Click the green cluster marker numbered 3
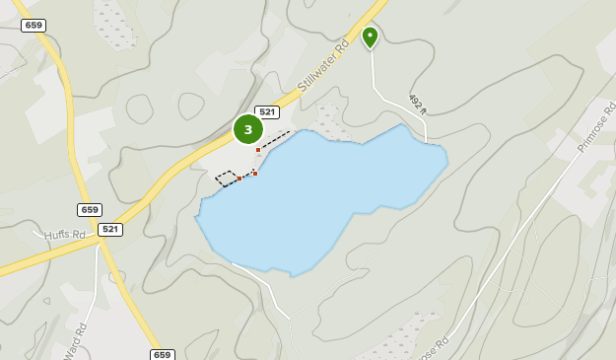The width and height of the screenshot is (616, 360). (x=247, y=129)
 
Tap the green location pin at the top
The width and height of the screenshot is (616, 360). (x=370, y=36)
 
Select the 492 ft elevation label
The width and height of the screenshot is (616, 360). (x=416, y=103)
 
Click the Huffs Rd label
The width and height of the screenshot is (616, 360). (x=65, y=235)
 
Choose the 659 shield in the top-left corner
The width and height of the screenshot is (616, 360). (x=34, y=26)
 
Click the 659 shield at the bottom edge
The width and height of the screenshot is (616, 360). (x=163, y=354)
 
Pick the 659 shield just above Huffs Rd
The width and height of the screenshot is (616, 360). (x=90, y=210)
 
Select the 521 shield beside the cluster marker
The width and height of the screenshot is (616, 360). (x=267, y=112)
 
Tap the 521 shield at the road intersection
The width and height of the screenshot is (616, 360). (x=110, y=229)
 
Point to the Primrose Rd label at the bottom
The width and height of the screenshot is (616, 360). (x=432, y=348)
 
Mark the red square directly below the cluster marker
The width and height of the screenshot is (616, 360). (x=258, y=150)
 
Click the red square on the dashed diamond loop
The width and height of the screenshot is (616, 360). (x=240, y=179)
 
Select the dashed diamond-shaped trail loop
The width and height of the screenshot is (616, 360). (x=228, y=179)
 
